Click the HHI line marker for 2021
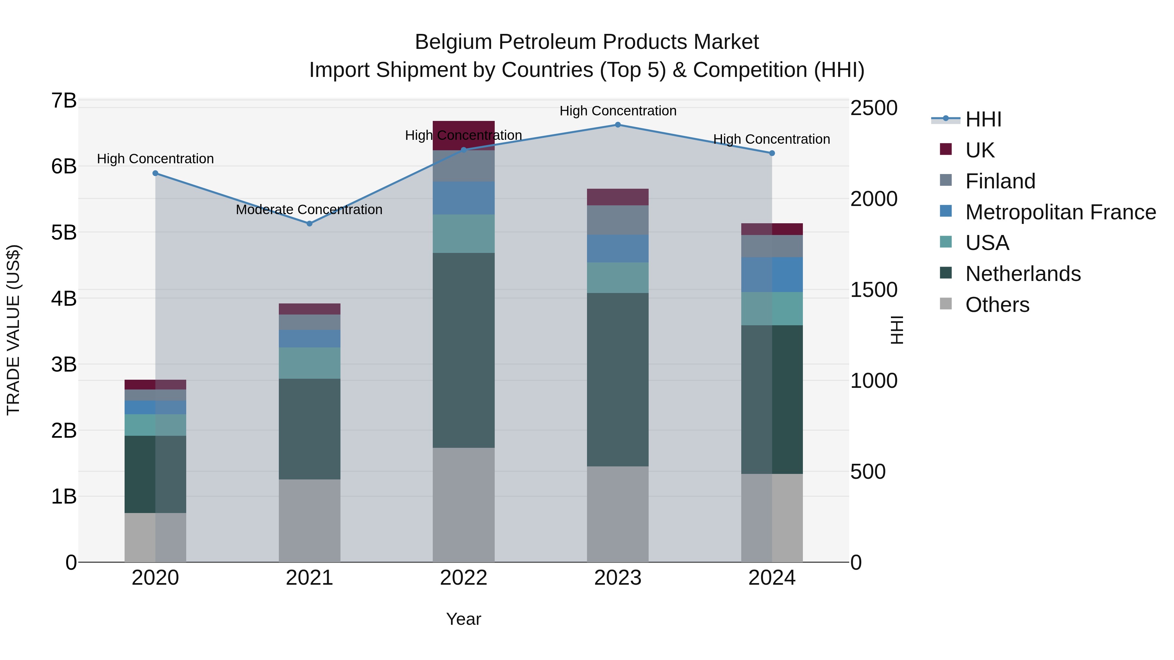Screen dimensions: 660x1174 [309, 224]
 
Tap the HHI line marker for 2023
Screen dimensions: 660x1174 [618, 125]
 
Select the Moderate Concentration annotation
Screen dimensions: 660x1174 [309, 210]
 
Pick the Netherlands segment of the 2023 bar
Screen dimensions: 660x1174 [618, 379]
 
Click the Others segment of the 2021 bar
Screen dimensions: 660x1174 [309, 520]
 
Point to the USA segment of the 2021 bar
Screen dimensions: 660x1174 [309, 363]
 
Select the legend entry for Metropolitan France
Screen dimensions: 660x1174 [1060, 212]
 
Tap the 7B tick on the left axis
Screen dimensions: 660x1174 [64, 101]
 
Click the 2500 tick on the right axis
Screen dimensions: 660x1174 [874, 109]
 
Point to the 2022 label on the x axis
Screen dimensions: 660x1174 [463, 578]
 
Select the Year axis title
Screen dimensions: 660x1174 [463, 619]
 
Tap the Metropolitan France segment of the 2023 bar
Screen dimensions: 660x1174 [618, 248]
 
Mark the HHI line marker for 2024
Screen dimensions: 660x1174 [772, 154]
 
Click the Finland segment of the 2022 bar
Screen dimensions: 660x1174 [463, 166]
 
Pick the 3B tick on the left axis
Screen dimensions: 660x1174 [64, 364]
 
